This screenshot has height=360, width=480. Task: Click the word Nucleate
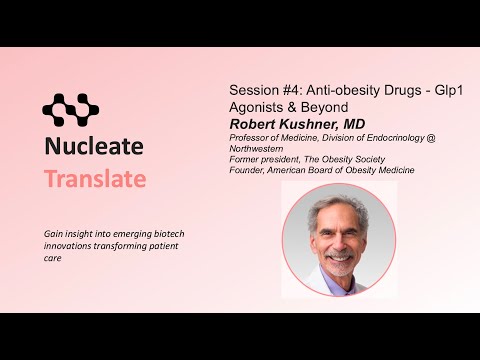(x=94, y=147)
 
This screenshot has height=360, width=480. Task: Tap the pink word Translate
(x=94, y=180)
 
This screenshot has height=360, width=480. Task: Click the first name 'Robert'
(x=256, y=123)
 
